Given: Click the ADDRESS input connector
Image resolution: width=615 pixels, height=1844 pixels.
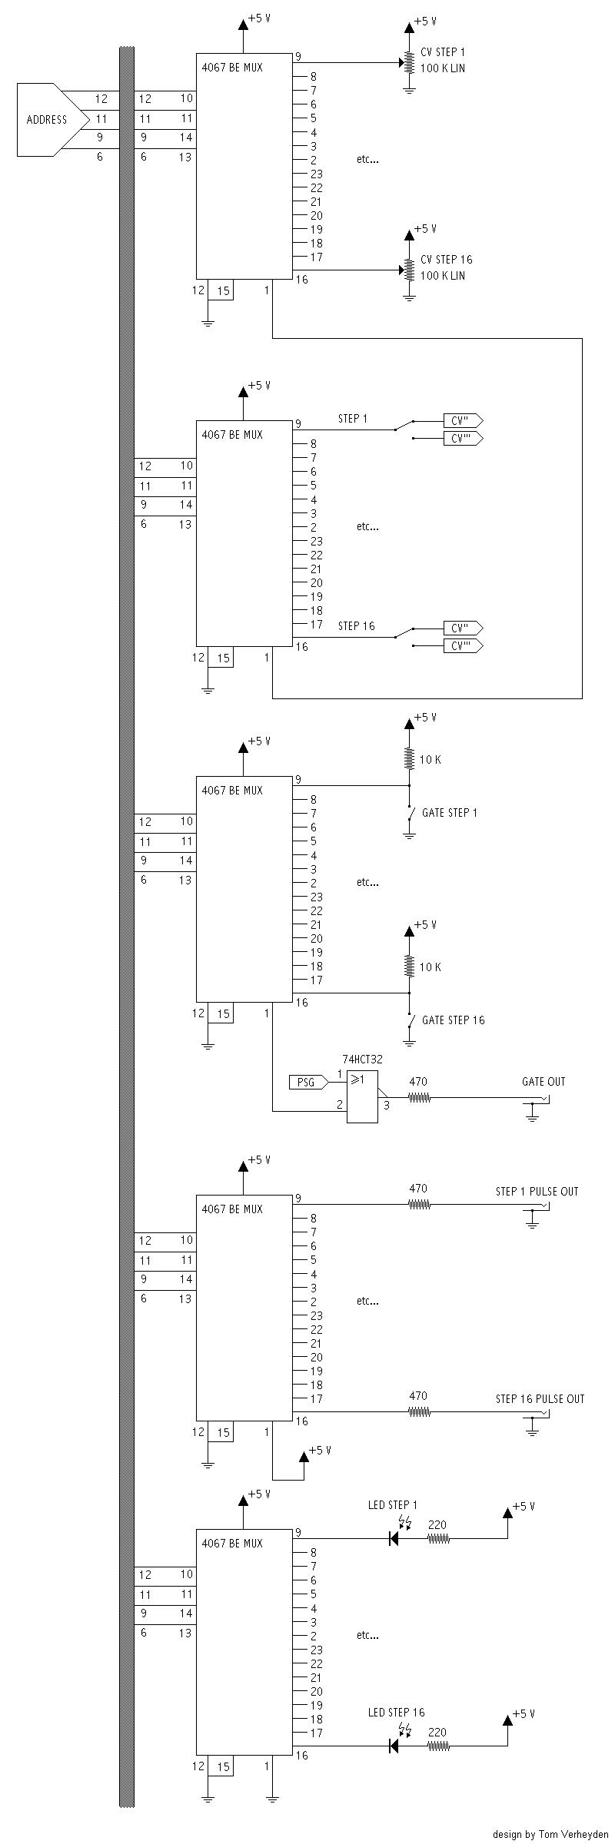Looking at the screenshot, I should click(46, 120).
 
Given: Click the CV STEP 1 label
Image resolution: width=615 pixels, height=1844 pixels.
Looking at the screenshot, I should click(443, 52).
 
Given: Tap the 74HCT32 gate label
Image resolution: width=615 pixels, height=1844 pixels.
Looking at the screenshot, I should click(362, 1059).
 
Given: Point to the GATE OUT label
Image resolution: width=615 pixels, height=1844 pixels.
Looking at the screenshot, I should click(544, 1081).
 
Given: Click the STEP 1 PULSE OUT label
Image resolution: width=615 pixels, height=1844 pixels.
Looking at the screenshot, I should click(537, 1191).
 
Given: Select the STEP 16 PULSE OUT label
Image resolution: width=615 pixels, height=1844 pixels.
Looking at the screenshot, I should click(540, 1398).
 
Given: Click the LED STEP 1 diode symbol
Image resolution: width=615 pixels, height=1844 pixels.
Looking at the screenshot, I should click(394, 1538).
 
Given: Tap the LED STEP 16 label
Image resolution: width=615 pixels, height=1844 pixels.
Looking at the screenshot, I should click(396, 1712).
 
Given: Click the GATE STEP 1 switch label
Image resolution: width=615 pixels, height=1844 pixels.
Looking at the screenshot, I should click(450, 812).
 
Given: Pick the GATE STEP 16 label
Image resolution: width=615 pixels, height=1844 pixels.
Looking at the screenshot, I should click(454, 1020).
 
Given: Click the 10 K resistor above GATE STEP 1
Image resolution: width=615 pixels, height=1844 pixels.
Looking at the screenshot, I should click(409, 760).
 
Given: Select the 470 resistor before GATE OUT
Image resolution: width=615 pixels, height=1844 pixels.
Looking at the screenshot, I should click(418, 1098).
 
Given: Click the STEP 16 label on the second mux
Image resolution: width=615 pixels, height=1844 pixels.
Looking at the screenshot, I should click(357, 625).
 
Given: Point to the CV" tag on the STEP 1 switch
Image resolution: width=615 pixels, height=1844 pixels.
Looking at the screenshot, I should click(462, 420).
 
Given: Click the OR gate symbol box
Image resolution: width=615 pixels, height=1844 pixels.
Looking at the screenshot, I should click(362, 1096).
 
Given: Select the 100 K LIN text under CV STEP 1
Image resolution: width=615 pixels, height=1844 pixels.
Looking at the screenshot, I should click(443, 68).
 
